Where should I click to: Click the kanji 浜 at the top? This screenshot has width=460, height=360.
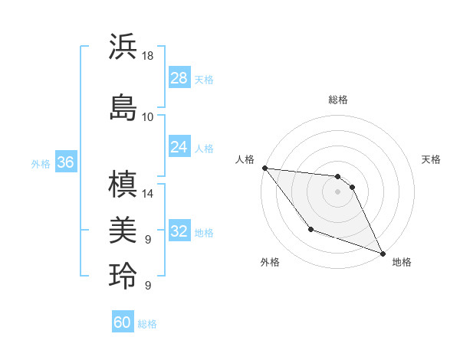[123, 47]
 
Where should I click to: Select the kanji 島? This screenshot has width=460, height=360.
[123, 107]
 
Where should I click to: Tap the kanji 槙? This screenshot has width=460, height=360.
[123, 185]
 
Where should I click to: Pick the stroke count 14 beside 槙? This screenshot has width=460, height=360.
[148, 194]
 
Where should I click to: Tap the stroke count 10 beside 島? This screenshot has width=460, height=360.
[148, 117]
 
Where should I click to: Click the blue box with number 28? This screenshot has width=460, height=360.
[179, 78]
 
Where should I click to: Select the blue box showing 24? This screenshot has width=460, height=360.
[179, 146]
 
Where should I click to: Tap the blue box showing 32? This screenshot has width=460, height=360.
[179, 231]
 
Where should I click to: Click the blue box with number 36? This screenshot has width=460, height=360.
[65, 162]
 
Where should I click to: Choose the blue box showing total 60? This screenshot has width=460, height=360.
[123, 322]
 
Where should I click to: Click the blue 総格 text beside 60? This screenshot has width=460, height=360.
[147, 324]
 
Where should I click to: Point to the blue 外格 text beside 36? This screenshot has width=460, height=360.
[41, 163]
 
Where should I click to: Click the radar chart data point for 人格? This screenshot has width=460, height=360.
[264, 168]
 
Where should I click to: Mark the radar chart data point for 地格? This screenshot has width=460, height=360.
[383, 254]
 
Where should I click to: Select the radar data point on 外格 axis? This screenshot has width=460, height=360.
[310, 229]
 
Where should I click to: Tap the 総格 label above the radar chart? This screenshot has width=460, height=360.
[337, 100]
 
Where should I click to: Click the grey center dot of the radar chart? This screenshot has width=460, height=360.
[337, 191]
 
